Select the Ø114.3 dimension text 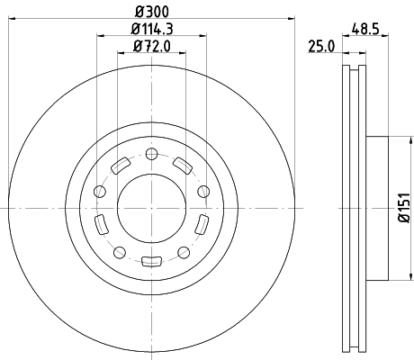pyautogui.click(x=151, y=31)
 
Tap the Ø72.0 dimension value pyautogui.click(x=151, y=47)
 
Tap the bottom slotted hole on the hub pyautogui.click(x=151, y=263)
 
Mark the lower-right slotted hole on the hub pyautogui.click(x=202, y=225)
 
